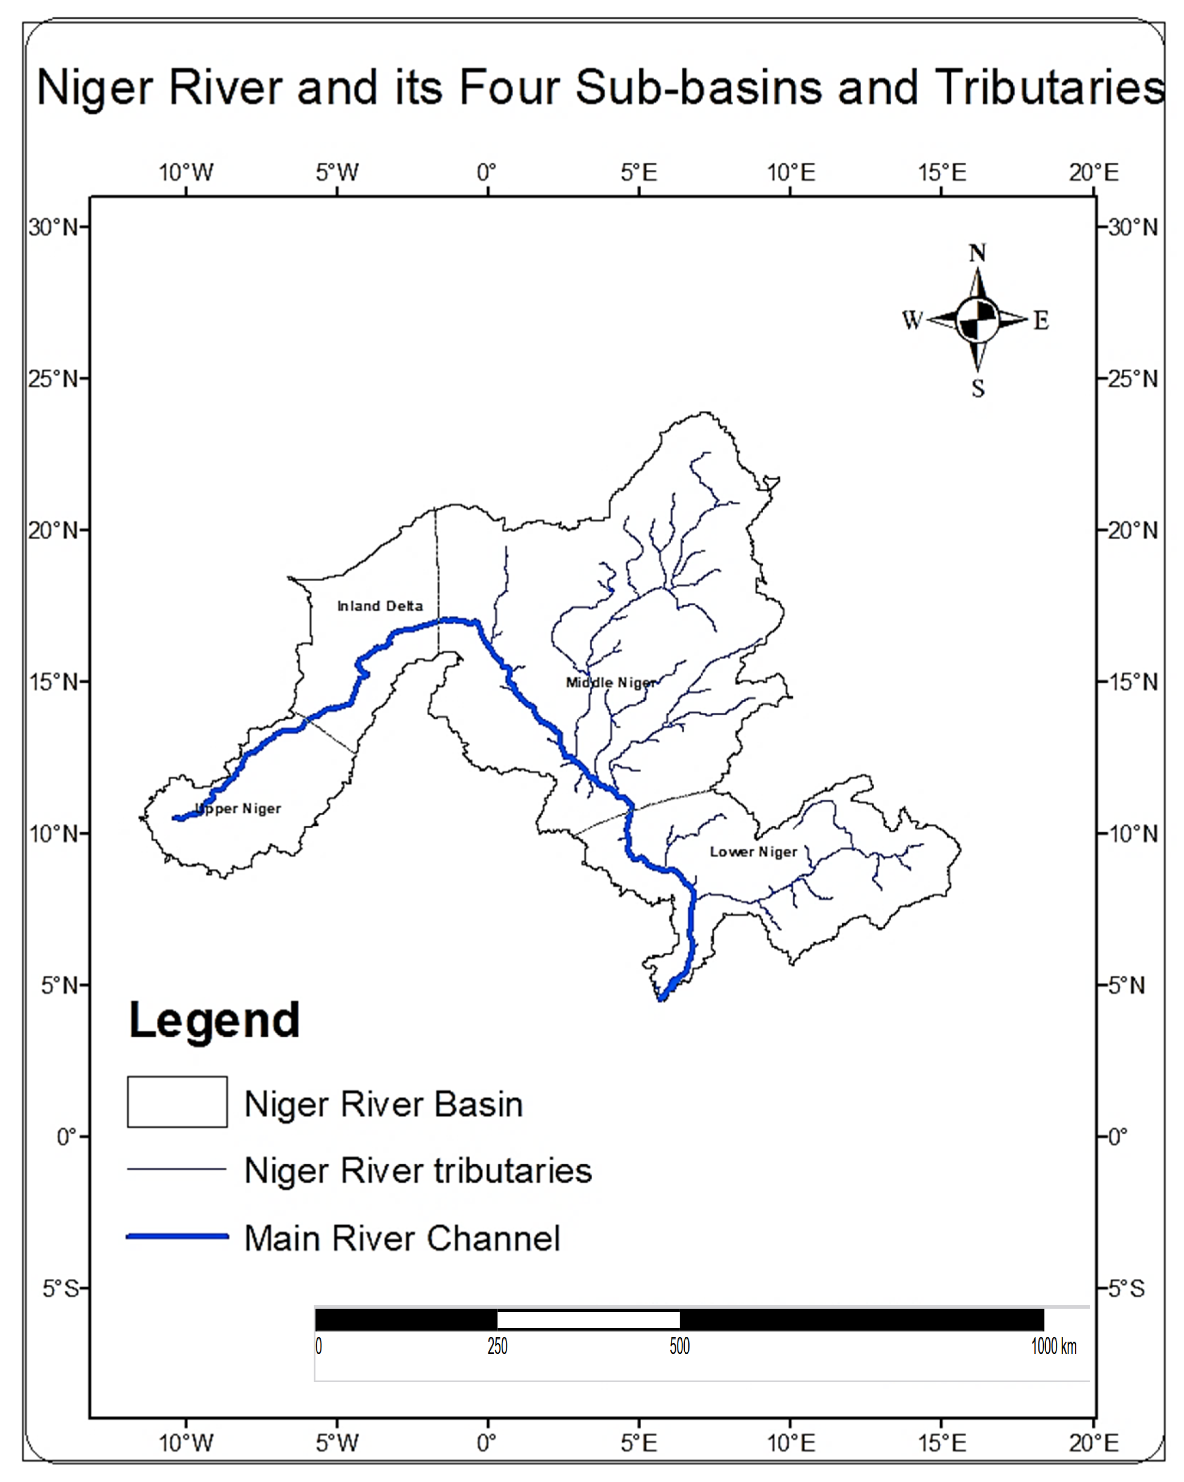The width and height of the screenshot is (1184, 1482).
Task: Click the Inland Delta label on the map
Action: (x=379, y=606)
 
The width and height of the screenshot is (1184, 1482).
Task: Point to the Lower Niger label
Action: (x=753, y=852)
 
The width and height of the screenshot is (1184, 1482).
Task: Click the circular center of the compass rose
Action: (x=977, y=320)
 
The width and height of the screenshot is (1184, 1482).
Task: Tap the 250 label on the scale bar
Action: (x=497, y=1346)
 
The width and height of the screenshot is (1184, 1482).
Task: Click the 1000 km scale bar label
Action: (x=1053, y=1346)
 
